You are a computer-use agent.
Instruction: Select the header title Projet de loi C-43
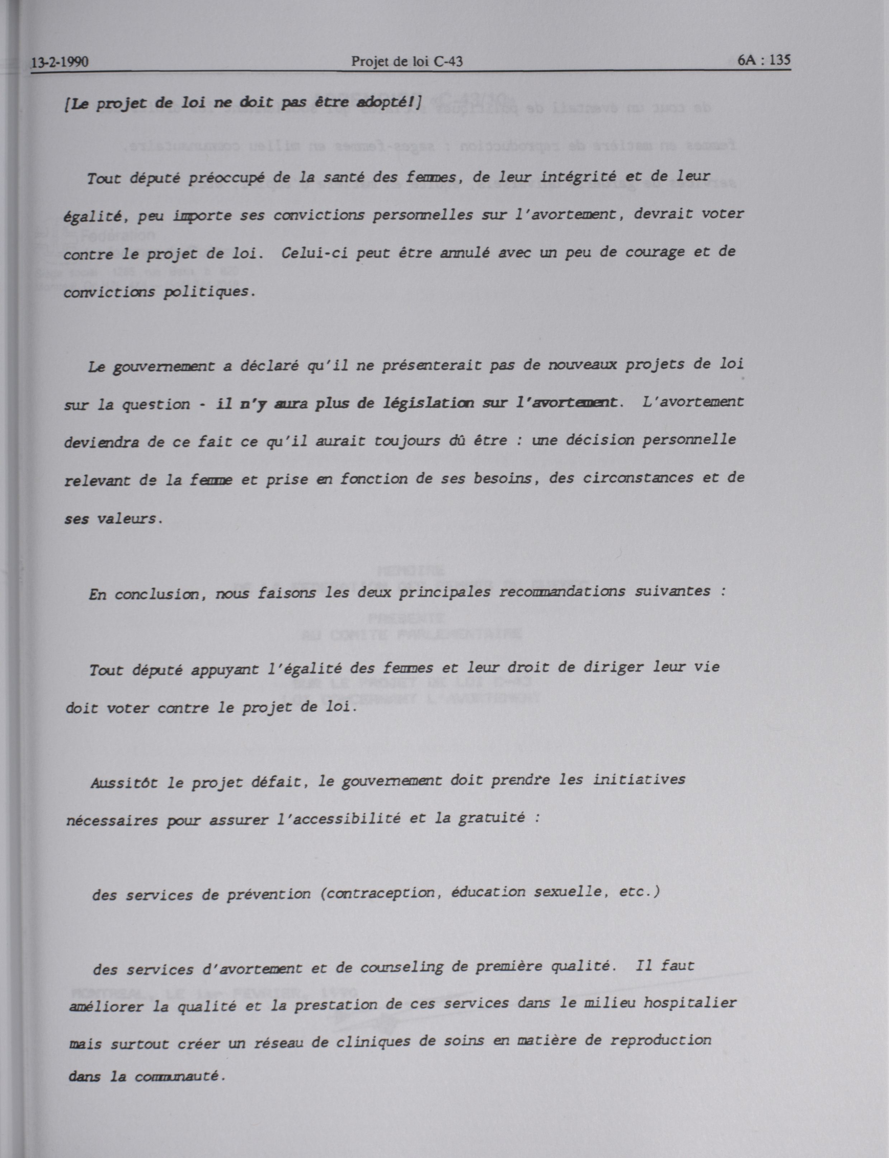[407, 62]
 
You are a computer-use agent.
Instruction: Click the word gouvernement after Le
[164, 366]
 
